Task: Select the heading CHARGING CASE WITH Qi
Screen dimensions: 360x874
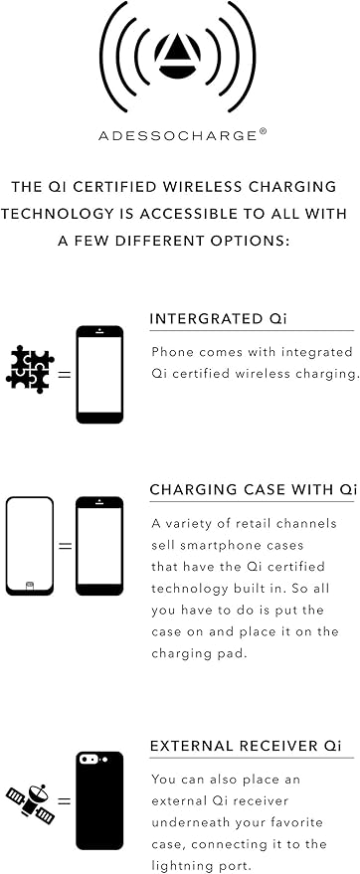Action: coord(253,490)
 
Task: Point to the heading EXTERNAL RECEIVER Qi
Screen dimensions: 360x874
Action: coord(246,746)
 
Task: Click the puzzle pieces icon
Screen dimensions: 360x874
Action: coord(30,370)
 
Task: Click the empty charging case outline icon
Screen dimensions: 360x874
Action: coord(30,546)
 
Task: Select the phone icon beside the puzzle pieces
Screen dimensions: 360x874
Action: coord(99,375)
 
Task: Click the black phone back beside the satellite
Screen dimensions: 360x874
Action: coord(99,800)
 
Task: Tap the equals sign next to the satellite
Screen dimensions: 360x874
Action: coord(66,802)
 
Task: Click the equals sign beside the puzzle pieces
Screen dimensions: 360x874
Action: coord(66,375)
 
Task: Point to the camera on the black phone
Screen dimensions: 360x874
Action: coord(90,760)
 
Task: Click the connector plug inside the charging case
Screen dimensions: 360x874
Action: coord(30,586)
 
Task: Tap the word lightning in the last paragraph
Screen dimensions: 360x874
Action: coord(177,867)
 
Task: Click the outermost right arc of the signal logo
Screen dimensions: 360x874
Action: coord(248,56)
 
